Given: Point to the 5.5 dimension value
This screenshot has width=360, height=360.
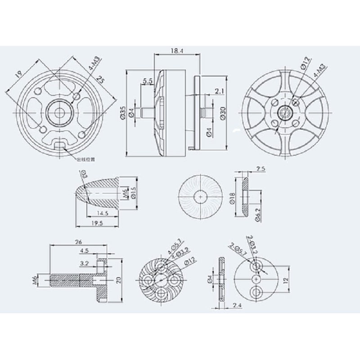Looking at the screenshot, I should tap(147, 81).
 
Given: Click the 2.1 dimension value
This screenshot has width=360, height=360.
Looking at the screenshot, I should tap(220, 91).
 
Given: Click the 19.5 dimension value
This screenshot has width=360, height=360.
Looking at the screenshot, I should tap(96, 224).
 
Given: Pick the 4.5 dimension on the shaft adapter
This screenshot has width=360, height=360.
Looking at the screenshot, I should tap(84, 251).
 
